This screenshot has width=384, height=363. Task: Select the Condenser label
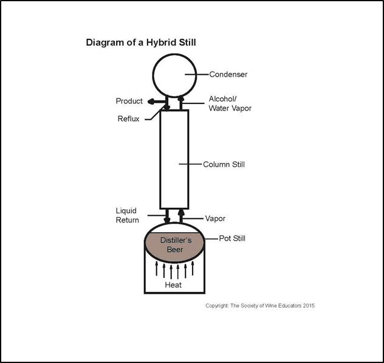tap(228, 75)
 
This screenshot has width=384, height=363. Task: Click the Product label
tap(129, 101)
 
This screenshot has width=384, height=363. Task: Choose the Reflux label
tap(128, 119)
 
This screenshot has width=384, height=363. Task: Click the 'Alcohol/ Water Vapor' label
tap(230, 103)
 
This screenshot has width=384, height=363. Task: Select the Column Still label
tap(224, 164)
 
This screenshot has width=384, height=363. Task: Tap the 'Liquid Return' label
tap(128, 215)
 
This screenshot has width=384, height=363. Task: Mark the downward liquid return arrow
tap(167, 217)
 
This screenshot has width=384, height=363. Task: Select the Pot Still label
tap(232, 238)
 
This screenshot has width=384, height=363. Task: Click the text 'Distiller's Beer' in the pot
tap(175, 245)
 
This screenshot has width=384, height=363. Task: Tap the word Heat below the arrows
tap(174, 285)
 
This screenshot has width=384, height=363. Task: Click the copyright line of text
tap(259, 305)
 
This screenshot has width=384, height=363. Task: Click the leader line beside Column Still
tap(195, 164)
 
